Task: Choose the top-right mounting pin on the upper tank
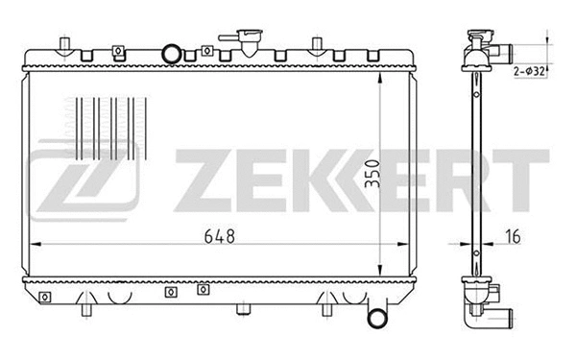pyautogui.click(x=317, y=44)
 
